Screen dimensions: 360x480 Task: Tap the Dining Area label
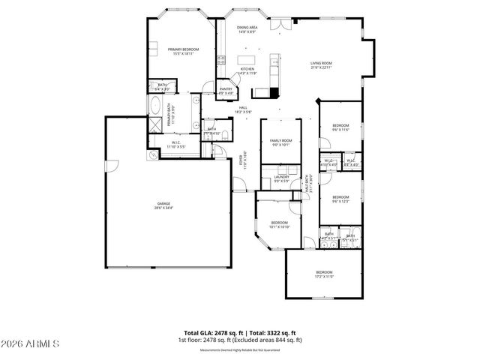[x=248, y=30]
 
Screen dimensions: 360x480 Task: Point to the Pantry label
[x=226, y=91]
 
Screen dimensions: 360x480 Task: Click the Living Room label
[x=322, y=65]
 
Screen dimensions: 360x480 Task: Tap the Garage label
[x=163, y=206]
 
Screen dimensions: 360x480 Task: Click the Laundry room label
[x=281, y=178]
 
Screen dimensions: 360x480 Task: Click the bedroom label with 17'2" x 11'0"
[x=324, y=274]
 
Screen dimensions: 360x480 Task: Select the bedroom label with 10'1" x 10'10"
[x=279, y=224]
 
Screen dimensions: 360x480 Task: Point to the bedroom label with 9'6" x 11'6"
[x=340, y=127]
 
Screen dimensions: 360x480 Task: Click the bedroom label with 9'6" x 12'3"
[x=340, y=199]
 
